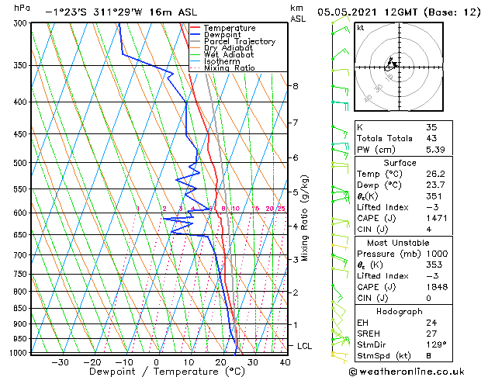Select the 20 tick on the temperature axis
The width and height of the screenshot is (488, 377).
pyautogui.click(x=220, y=362)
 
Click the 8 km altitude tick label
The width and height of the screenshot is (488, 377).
pyautogui.click(x=295, y=86)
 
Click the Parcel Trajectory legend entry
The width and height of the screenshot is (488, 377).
pyautogui.click(x=239, y=42)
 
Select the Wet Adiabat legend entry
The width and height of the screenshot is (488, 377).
pyautogui.click(x=229, y=55)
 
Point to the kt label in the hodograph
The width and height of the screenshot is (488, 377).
pyautogui.click(x=360, y=28)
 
